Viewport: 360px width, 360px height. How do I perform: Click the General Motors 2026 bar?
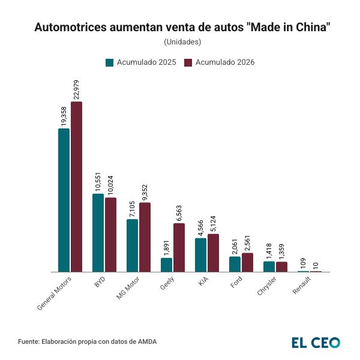coord(76,187)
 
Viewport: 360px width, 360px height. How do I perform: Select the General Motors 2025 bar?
coord(64,200)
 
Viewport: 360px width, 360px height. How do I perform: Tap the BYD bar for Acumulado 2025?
coord(98,233)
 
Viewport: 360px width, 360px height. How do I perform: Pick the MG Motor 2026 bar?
coord(145,237)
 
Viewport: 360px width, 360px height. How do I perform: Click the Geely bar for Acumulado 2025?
coord(166,265)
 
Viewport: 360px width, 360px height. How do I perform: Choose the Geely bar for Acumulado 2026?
coord(179,247)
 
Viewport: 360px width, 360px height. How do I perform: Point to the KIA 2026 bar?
coord(213,253)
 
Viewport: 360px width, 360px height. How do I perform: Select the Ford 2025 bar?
coord(235,264)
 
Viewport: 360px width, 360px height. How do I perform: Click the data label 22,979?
coord(76,89)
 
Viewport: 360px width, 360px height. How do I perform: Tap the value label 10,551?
coord(98,182)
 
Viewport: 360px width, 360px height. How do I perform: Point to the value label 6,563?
coord(179,213)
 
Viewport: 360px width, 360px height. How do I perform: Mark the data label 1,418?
coord(269,250)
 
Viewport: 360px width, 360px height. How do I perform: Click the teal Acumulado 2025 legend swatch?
coord(110,62)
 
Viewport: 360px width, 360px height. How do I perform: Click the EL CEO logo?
coord(316,342)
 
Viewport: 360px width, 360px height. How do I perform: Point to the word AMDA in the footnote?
coord(146,342)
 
